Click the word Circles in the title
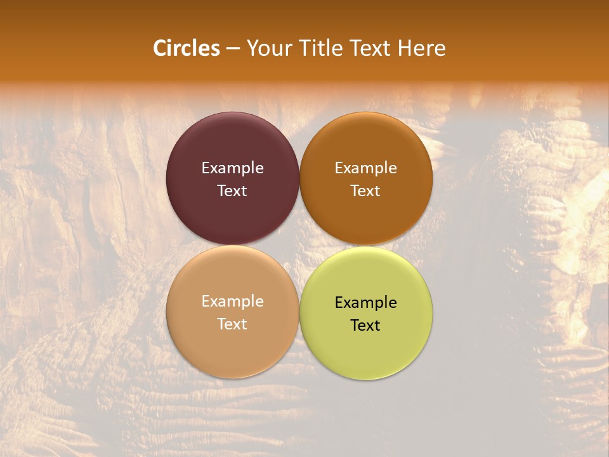pos(187,48)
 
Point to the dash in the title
pos(233,49)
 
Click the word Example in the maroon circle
pos(232,168)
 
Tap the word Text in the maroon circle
pos(232,191)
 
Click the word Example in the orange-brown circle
pos(366,168)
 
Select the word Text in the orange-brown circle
pos(366,191)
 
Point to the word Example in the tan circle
pos(232,301)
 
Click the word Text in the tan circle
pos(232,324)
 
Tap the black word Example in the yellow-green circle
pos(366,303)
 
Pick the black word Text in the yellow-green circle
pos(366,326)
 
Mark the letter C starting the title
pos(159,48)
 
